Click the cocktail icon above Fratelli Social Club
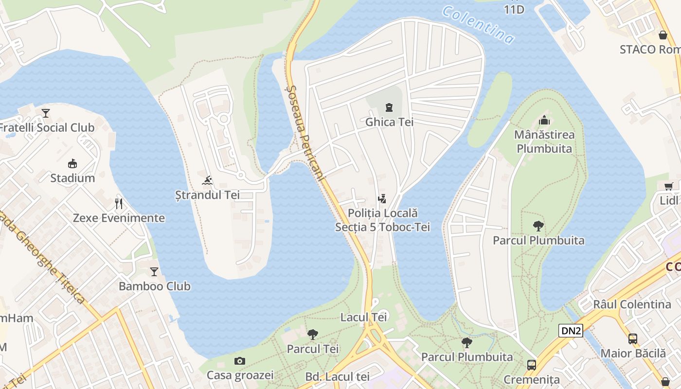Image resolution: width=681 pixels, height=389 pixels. pos(46,113)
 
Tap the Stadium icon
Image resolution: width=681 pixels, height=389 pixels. pos(72,163)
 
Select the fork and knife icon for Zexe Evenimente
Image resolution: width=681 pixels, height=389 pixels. pos(119,203)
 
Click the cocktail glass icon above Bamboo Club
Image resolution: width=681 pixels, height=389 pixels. pos(154,271)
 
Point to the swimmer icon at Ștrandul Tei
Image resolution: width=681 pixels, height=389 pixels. pos(208,180)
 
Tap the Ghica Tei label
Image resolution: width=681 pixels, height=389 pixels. pos(389,122)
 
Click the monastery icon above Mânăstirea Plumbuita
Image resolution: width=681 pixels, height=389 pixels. pos(544,120)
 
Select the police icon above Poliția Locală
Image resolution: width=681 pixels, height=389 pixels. pos(382,198)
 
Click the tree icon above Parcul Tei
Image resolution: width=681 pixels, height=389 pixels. pos(313,334)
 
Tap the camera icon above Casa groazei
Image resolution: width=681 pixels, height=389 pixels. pos(240,360)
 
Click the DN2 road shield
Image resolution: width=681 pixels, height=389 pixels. pos(571,331)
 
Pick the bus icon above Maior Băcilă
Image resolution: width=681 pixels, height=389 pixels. pos(633,338)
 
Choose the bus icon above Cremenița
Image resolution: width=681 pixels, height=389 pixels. pos(532,365)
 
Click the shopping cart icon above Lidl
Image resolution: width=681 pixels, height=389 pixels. pos(669,186)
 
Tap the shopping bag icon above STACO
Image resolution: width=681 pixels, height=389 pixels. pos(663,35)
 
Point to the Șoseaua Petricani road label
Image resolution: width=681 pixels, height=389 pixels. pos(305,134)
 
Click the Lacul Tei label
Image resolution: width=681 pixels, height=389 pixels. pos(364,317)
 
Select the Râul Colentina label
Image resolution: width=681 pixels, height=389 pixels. pos(632,304)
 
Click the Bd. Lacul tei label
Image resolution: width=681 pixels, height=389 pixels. pos(338,376)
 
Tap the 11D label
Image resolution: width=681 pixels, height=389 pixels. pos(514,9)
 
